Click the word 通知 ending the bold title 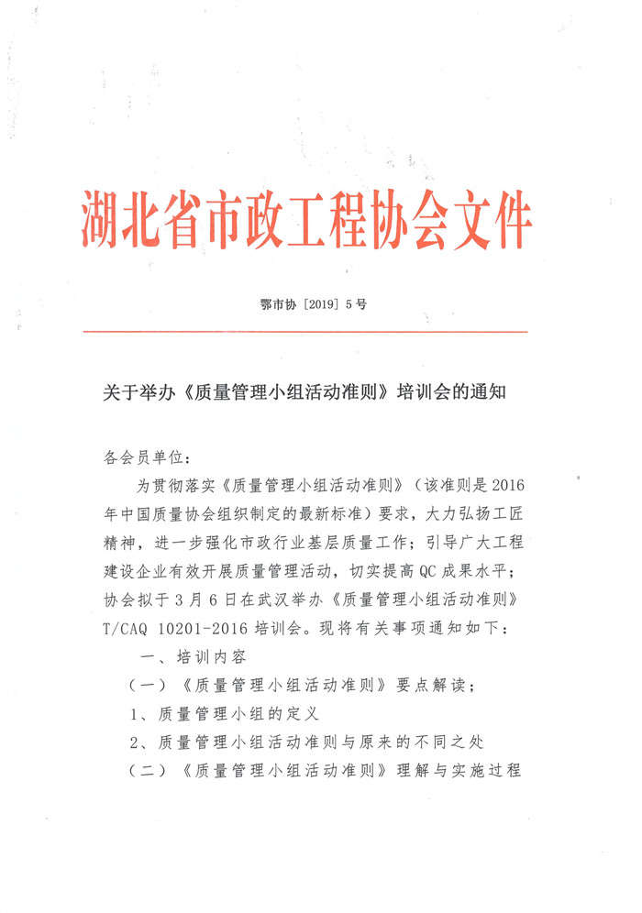click(491, 392)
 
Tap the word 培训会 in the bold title click(428, 392)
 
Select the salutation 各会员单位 click(143, 456)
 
